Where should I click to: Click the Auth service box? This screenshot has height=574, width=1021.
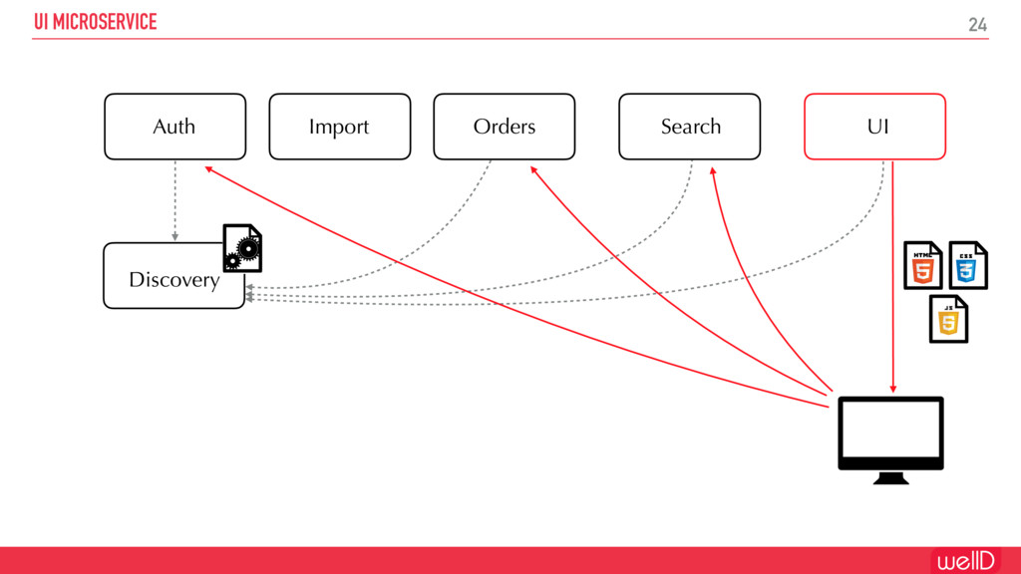point(174,127)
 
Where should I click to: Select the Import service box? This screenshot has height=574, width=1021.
point(339,127)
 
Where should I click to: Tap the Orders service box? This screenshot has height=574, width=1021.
point(504,127)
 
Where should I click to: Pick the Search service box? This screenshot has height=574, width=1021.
point(689,127)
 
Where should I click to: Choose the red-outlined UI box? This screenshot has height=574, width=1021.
point(874,127)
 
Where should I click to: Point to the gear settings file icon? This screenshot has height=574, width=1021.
point(242,248)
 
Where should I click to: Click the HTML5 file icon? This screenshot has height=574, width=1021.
point(923,265)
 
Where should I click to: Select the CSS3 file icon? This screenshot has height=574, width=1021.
point(967,265)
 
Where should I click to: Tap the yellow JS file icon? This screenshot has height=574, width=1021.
point(948,319)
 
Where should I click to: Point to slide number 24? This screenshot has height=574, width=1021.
point(977,25)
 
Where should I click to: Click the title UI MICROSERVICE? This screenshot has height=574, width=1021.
point(96,22)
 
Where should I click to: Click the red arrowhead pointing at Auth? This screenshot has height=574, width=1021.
point(209,168)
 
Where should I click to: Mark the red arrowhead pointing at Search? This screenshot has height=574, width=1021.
point(713,170)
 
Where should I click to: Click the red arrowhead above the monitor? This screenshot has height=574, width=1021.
point(892,389)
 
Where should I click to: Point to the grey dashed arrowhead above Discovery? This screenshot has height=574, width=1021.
point(174,237)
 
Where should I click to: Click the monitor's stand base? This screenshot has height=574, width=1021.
point(890,479)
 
